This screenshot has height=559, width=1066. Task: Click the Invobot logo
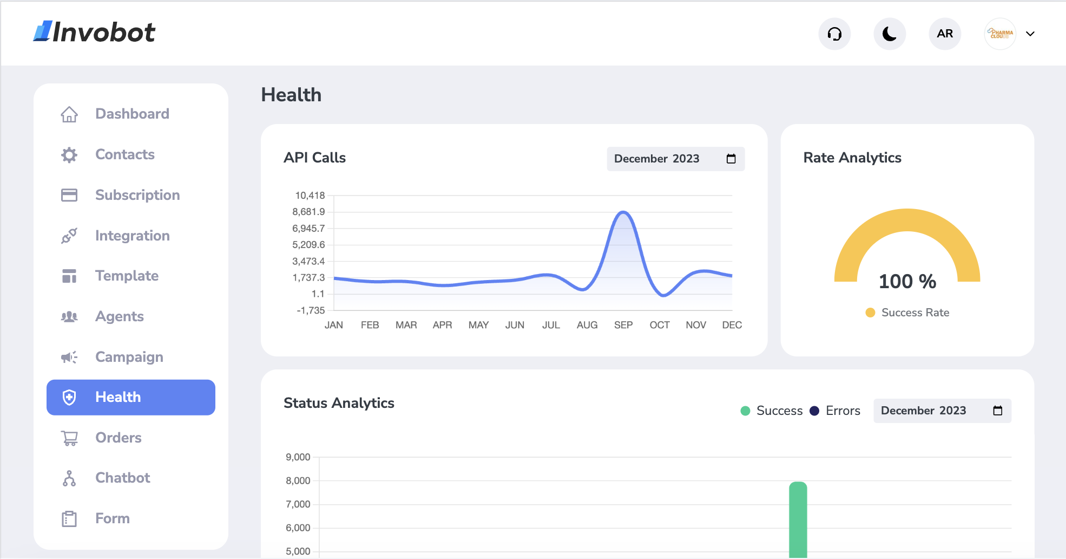tap(95, 32)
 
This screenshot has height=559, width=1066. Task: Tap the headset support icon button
tap(834, 34)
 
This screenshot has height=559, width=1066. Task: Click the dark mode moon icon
tap(890, 34)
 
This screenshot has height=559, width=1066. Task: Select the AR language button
tap(945, 34)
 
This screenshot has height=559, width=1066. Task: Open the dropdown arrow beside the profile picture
tap(1030, 34)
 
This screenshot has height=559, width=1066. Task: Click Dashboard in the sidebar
tap(131, 114)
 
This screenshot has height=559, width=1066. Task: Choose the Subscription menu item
tap(137, 195)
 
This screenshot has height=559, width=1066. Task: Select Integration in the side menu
tap(132, 236)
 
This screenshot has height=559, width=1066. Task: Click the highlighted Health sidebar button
tap(131, 397)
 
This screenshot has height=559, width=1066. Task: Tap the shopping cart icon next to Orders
tap(69, 438)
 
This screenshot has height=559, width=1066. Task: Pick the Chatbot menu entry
tap(122, 478)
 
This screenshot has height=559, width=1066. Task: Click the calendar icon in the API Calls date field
tap(731, 159)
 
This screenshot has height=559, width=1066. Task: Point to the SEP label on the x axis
tap(623, 325)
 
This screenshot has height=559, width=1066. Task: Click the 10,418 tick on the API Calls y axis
tap(310, 196)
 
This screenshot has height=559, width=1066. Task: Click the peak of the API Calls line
tap(623, 212)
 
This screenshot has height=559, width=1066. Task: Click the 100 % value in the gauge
tap(907, 281)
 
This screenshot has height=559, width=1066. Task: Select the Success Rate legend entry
tap(914, 313)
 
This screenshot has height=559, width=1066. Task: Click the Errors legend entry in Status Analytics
tap(842, 411)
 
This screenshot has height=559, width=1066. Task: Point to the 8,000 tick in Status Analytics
tap(298, 480)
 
